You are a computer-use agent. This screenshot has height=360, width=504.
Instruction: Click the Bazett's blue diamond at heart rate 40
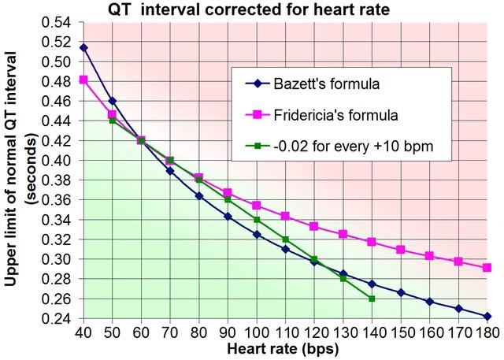pos(83,47)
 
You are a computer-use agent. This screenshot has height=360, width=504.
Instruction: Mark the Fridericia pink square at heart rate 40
pos(83,80)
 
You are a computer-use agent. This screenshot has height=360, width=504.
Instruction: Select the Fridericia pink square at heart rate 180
pos(487,268)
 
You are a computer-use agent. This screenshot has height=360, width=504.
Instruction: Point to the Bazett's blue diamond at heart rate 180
pos(487,316)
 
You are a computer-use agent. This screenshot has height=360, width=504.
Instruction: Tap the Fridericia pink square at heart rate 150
pos(401,250)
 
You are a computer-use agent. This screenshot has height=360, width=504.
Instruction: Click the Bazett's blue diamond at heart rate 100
pos(257,235)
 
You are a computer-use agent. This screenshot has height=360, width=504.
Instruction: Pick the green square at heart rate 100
pos(257,220)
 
